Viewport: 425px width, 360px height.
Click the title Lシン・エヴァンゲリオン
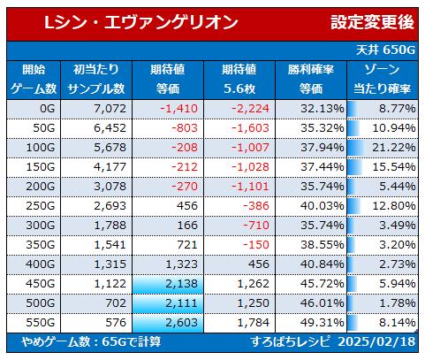coord(141,22)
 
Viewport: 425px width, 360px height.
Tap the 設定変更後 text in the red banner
coord(372,22)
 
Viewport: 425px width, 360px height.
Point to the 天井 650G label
coord(385,50)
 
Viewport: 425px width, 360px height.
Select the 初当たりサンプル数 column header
coord(96,80)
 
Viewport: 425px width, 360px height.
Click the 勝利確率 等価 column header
coord(311,80)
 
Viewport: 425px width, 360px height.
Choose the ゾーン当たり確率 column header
coord(382,80)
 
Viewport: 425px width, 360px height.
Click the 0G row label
coord(48,109)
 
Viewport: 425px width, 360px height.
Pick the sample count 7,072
coord(110,109)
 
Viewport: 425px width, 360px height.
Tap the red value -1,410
coord(178,109)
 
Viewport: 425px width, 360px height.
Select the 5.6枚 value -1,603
coord(250,128)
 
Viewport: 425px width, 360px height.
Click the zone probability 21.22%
coord(394,148)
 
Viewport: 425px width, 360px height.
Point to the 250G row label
coord(41,206)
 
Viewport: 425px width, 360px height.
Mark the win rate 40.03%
coord(323,206)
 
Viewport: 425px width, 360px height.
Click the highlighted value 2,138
coord(181,284)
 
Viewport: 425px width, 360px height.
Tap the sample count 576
coord(116,323)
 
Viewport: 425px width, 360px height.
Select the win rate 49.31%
coord(323,323)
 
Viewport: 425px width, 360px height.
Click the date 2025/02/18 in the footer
coord(376,342)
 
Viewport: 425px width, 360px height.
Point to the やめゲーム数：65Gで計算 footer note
coord(91,342)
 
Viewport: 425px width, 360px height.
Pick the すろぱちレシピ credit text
coord(291,342)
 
